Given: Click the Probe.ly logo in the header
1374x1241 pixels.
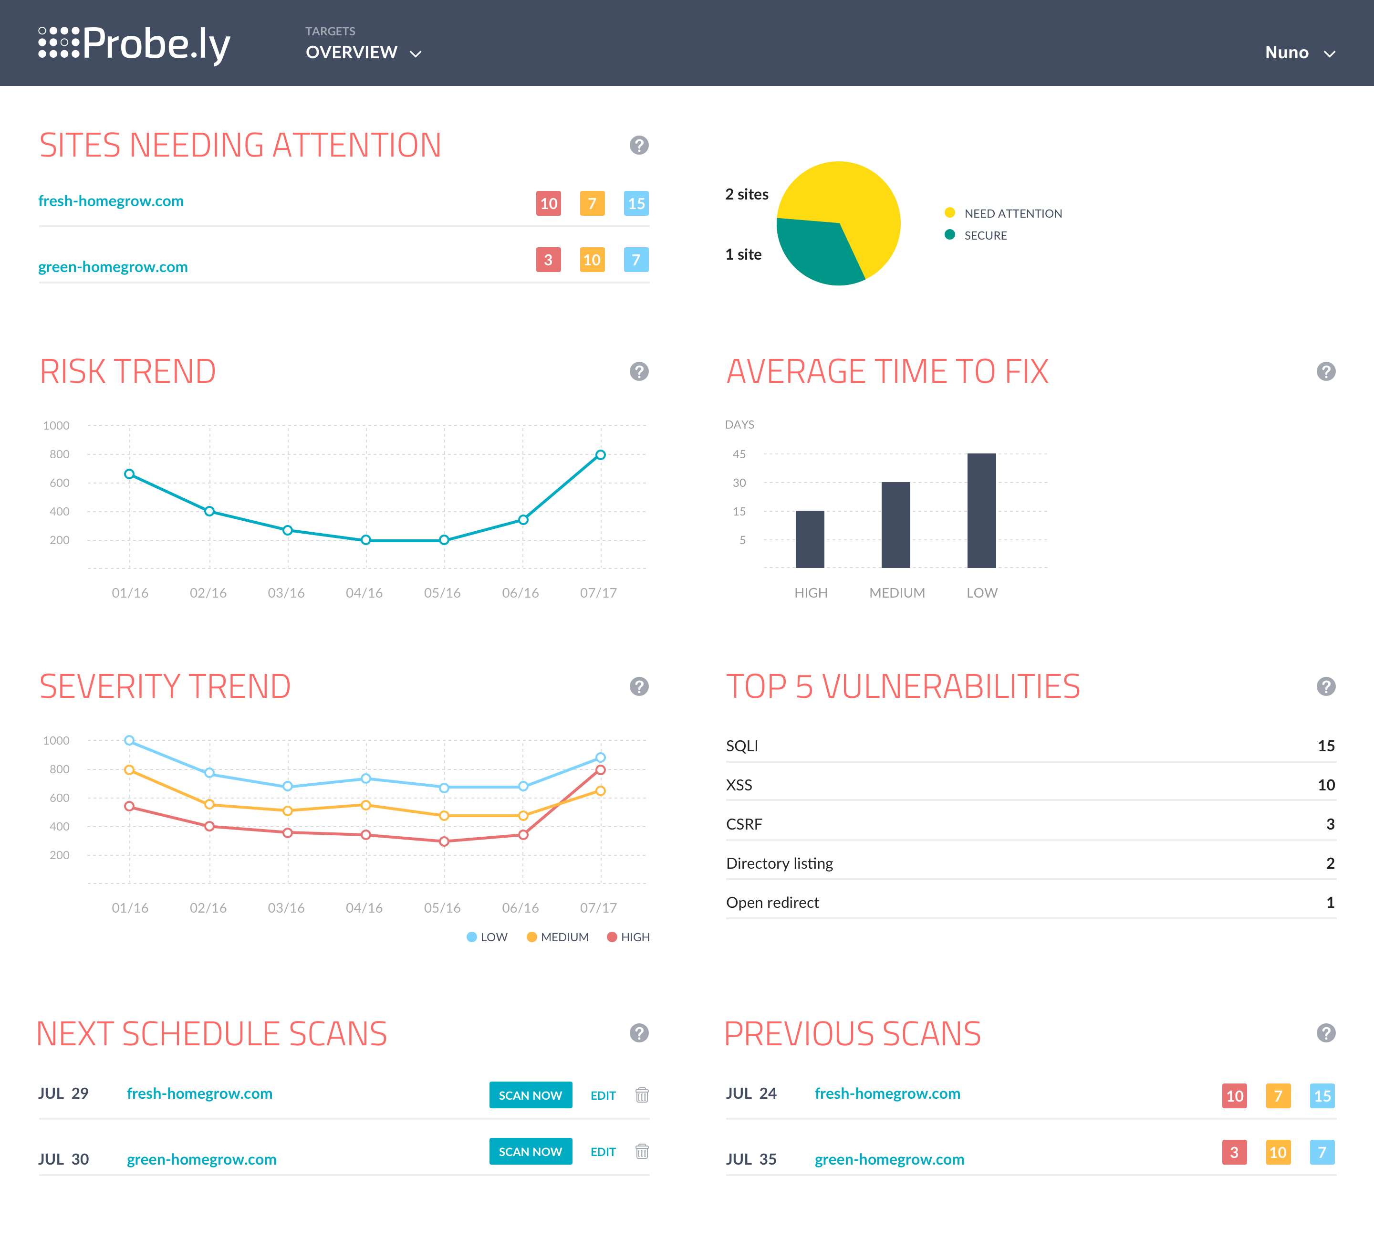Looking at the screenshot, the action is click(134, 44).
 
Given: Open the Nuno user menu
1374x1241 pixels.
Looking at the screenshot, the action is click(1299, 53).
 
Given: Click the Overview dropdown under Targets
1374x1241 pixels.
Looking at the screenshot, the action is click(363, 53).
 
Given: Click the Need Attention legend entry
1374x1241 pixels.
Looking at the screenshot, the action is click(1003, 213).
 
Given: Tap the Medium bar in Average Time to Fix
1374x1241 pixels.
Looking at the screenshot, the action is click(895, 525).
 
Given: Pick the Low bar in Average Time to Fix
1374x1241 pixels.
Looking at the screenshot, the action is click(981, 510).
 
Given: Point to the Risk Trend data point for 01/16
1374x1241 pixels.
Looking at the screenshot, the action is click(129, 474).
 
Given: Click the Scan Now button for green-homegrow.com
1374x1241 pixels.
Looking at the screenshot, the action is click(530, 1152).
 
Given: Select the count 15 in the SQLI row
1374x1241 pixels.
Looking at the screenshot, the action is click(1326, 746).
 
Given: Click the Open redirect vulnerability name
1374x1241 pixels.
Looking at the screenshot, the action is click(773, 903).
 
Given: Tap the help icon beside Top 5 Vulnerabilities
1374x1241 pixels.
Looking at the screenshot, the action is click(1326, 687).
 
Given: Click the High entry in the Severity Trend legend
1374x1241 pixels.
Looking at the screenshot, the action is click(628, 937).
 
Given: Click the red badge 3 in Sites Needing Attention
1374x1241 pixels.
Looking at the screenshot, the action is click(549, 260).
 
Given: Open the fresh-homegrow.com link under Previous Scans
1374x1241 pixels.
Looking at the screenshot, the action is click(887, 1094).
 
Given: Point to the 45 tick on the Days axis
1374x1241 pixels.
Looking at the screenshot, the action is click(739, 454).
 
